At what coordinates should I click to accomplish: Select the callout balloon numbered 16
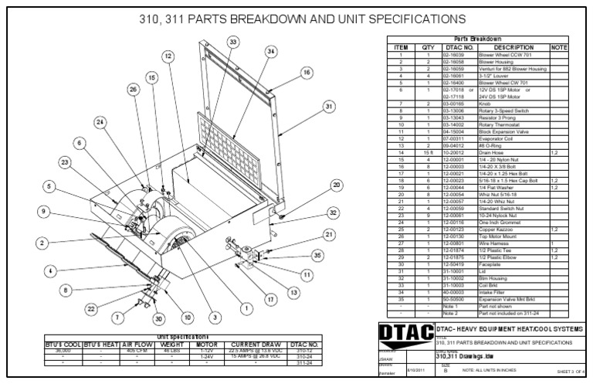307,72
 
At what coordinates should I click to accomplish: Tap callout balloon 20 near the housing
336,185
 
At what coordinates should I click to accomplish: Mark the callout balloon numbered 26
133,90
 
